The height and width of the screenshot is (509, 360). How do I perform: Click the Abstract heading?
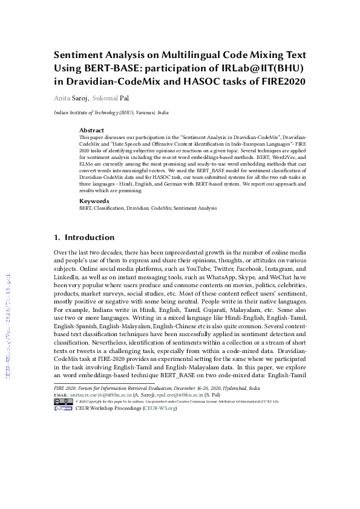pos(92,130)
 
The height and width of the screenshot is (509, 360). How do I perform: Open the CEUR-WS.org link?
pos(160,408)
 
